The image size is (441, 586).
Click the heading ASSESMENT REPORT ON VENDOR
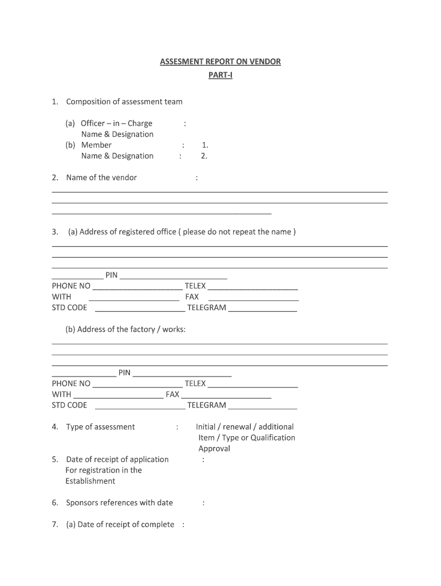click(x=220, y=61)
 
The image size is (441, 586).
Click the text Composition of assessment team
click(x=124, y=102)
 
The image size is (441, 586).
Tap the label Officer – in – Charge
click(x=116, y=123)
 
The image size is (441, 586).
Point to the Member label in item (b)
click(x=96, y=145)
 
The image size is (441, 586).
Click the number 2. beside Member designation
click(x=204, y=156)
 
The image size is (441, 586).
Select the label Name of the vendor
click(x=101, y=177)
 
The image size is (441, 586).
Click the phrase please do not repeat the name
click(x=237, y=232)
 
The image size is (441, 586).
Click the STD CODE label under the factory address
click(x=69, y=405)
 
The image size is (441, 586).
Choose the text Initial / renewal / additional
click(x=245, y=427)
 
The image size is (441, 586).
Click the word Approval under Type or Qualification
click(x=214, y=449)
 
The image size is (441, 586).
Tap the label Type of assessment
click(x=100, y=427)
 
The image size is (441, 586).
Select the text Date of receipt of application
click(x=117, y=460)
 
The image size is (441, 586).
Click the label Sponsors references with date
click(x=119, y=503)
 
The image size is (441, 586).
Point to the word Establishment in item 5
click(x=90, y=481)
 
